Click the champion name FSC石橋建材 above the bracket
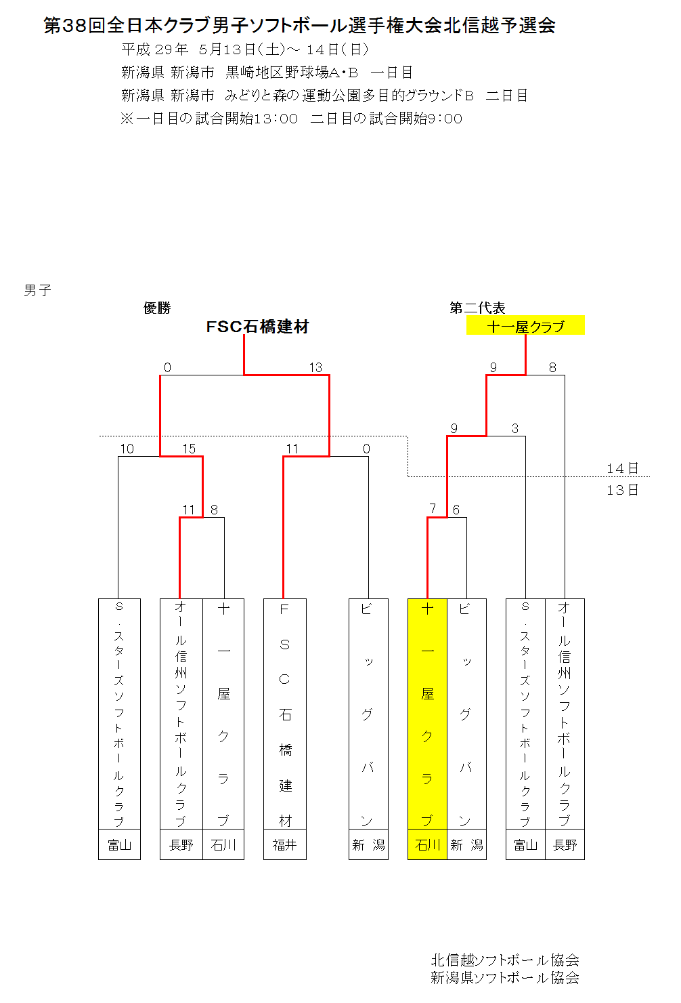pyautogui.click(x=257, y=327)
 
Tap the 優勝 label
pyautogui.click(x=157, y=308)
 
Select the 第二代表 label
pyautogui.click(x=477, y=308)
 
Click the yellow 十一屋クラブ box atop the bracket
pyautogui.click(x=525, y=325)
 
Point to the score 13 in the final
pyautogui.click(x=315, y=367)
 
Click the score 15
pyautogui.click(x=189, y=449)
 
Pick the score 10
pyautogui.click(x=127, y=449)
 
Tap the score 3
pyautogui.click(x=515, y=428)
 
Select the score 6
pyautogui.click(x=456, y=510)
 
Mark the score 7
pyautogui.click(x=433, y=509)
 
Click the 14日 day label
pyautogui.click(x=622, y=469)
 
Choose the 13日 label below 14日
pyautogui.click(x=622, y=490)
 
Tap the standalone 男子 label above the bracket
pyautogui.click(x=37, y=291)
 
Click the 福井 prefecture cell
pyautogui.click(x=285, y=845)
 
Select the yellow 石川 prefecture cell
pyautogui.click(x=427, y=845)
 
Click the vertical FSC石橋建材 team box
pyautogui.click(x=285, y=714)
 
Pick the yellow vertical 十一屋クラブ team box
pyautogui.click(x=427, y=714)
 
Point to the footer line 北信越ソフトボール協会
pyautogui.click(x=505, y=960)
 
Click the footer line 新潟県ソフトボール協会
pyautogui.click(x=505, y=977)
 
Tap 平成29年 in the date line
pyautogui.click(x=155, y=49)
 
